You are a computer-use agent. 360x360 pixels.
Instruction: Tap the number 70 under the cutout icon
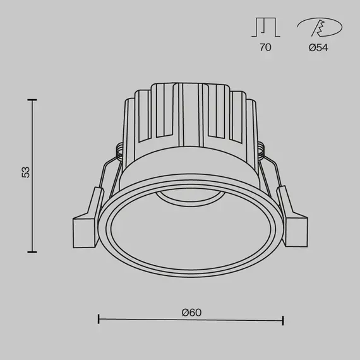(x=265, y=47)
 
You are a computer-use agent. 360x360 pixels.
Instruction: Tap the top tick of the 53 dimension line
(x=32, y=99)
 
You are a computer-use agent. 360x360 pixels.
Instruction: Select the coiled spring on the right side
(x=261, y=150)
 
